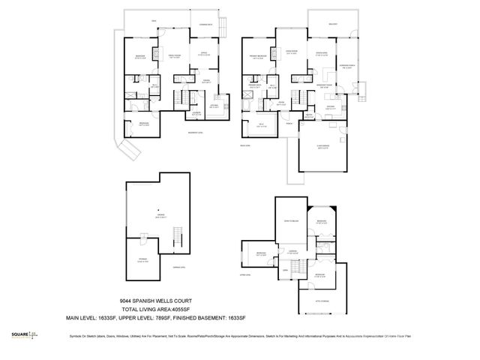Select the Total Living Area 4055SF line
point(160,309)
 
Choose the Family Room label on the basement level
point(174,56)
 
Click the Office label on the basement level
point(203,54)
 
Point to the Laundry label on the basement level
point(196,112)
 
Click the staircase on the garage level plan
point(177,241)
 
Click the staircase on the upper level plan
point(297,262)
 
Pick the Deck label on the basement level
point(154,20)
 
